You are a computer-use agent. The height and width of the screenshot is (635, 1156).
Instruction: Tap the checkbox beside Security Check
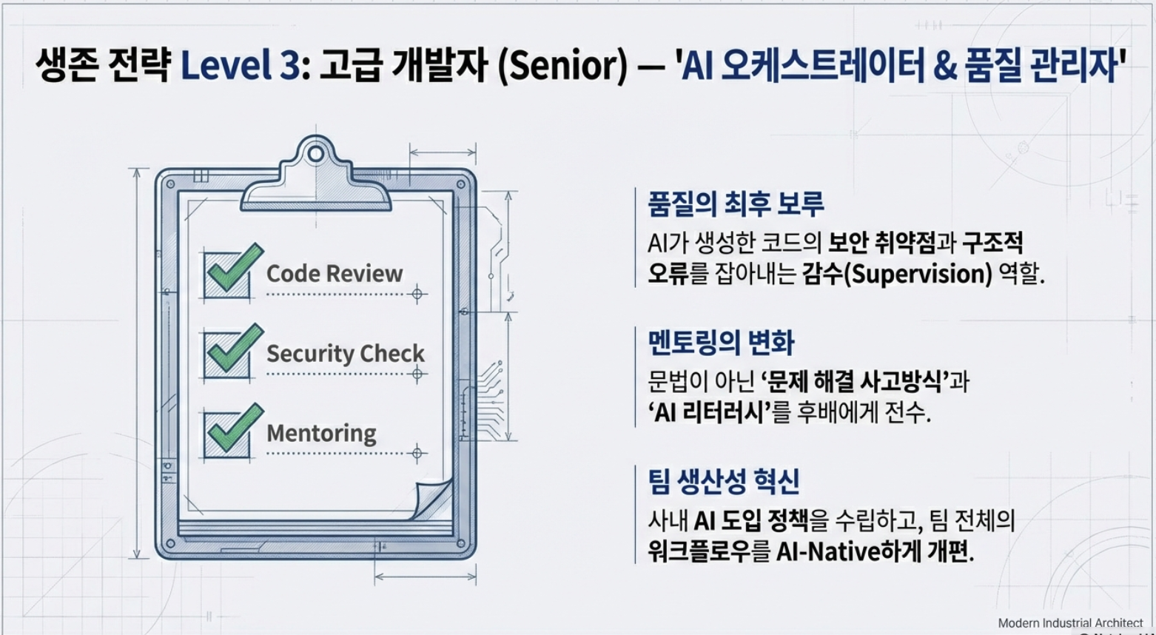[224, 355]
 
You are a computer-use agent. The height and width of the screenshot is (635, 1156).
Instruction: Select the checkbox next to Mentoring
[224, 435]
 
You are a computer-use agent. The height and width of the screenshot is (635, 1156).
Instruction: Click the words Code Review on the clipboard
[335, 274]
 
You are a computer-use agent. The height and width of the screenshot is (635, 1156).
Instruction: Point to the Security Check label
[346, 353]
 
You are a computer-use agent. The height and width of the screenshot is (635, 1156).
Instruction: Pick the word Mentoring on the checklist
[321, 433]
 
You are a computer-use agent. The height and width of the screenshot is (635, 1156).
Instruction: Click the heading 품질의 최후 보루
[736, 204]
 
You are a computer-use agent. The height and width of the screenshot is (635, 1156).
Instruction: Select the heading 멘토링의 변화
[721, 343]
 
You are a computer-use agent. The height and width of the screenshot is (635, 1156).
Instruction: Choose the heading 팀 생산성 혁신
[723, 481]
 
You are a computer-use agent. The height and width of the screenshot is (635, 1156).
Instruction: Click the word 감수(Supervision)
[896, 275]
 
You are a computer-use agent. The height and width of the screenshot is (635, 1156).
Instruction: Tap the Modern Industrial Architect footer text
[1070, 623]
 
